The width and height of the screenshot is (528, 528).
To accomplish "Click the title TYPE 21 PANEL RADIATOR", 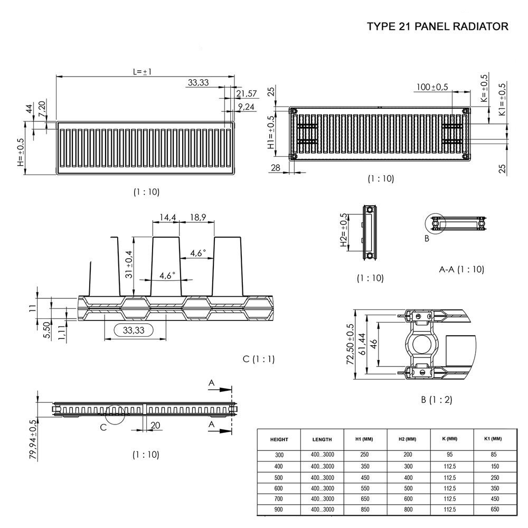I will point(438,27).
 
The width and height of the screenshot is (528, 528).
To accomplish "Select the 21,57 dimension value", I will point(247,93).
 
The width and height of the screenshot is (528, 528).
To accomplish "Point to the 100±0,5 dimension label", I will point(432,87).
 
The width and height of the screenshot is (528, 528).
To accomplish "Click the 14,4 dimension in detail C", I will point(165,217).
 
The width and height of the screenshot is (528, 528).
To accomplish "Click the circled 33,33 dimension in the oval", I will point(134,330).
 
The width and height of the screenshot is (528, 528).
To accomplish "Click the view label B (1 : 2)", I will point(437,400).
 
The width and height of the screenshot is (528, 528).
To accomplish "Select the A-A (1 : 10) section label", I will point(461,269).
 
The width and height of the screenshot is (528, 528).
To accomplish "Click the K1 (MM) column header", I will point(493,439).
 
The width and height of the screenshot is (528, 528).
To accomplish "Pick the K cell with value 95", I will point(450,455).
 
